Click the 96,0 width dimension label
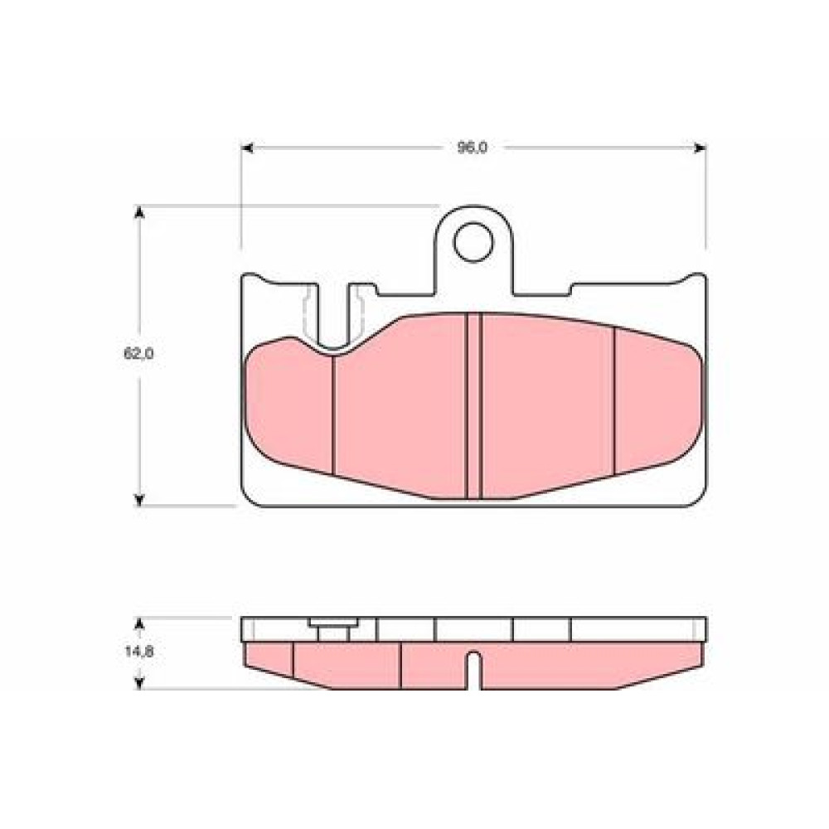[473, 148]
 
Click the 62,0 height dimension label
[138, 354]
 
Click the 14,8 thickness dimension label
[139, 652]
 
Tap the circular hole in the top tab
[473, 242]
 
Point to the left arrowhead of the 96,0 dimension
[247, 148]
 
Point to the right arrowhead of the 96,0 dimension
[700, 148]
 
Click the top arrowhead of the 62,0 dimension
[139, 212]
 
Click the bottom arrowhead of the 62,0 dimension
[139, 500]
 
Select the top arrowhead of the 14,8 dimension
[139, 625]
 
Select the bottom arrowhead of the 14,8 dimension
[139, 682]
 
